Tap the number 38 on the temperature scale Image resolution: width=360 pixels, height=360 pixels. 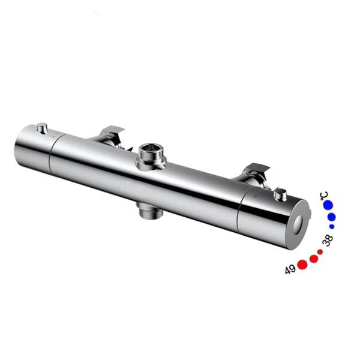coord(328,240)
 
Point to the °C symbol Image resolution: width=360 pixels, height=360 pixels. coord(324,196)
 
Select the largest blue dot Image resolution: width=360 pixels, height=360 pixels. coord(328,205)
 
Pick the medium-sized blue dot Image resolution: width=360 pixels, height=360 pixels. coord(331,217)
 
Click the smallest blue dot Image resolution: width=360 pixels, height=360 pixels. coord(332,226)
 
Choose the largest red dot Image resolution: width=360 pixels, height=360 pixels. coord(302,265)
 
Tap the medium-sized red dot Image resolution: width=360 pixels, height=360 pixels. coord(314,259)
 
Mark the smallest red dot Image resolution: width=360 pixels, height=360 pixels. coord(320,252)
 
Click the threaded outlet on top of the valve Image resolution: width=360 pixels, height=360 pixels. coord(151,156)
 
